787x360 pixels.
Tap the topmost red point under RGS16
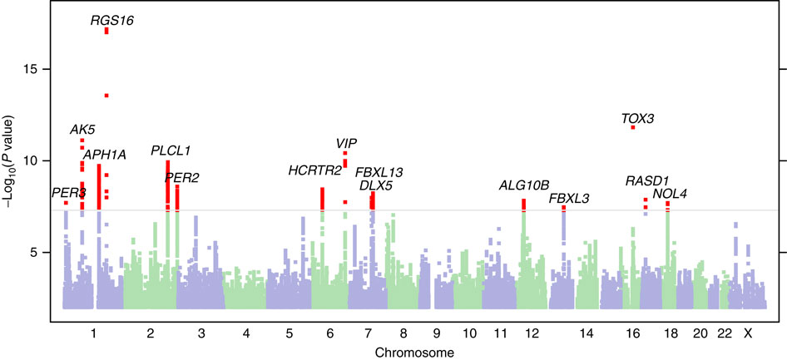106,31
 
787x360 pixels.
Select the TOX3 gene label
638,119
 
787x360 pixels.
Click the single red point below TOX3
633,127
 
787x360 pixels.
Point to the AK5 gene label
82,130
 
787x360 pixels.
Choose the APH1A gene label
104,155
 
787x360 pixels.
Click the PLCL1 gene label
171,151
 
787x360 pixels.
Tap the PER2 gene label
181,177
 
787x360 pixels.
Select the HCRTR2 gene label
315,171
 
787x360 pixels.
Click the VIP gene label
346,144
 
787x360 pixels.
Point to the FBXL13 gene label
379,172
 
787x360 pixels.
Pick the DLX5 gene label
376,185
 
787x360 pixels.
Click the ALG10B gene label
524,185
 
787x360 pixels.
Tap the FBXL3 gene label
570,198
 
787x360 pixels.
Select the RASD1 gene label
647,181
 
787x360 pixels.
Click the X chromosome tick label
748,333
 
